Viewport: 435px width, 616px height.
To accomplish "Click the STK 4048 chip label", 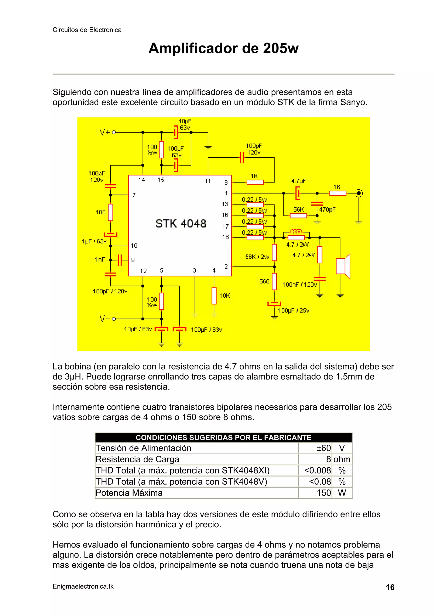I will tap(181, 223).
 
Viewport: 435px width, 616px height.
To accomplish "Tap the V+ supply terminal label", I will tap(105, 132).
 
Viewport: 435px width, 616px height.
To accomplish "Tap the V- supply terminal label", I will tap(105, 319).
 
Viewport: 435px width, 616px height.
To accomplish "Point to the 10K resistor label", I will tap(225, 296).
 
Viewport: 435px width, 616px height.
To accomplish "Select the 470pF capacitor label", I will tap(327, 209).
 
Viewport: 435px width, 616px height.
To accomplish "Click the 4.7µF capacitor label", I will tap(298, 181).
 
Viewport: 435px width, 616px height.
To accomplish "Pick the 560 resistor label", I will tap(264, 281).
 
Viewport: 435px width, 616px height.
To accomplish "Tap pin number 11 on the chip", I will tap(208, 181).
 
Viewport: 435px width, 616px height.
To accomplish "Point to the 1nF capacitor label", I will tap(100, 259).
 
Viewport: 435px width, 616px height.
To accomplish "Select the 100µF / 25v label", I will tap(294, 310).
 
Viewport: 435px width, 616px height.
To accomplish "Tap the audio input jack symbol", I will tap(359, 193).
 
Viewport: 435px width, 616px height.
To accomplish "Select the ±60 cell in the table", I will tap(323, 448).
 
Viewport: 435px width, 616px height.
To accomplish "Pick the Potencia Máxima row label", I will tap(129, 493).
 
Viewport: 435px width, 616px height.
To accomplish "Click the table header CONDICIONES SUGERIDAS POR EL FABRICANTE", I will tap(223, 438).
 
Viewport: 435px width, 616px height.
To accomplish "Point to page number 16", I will tap(390, 587).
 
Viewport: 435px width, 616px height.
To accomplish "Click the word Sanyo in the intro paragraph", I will tap(353, 102).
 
